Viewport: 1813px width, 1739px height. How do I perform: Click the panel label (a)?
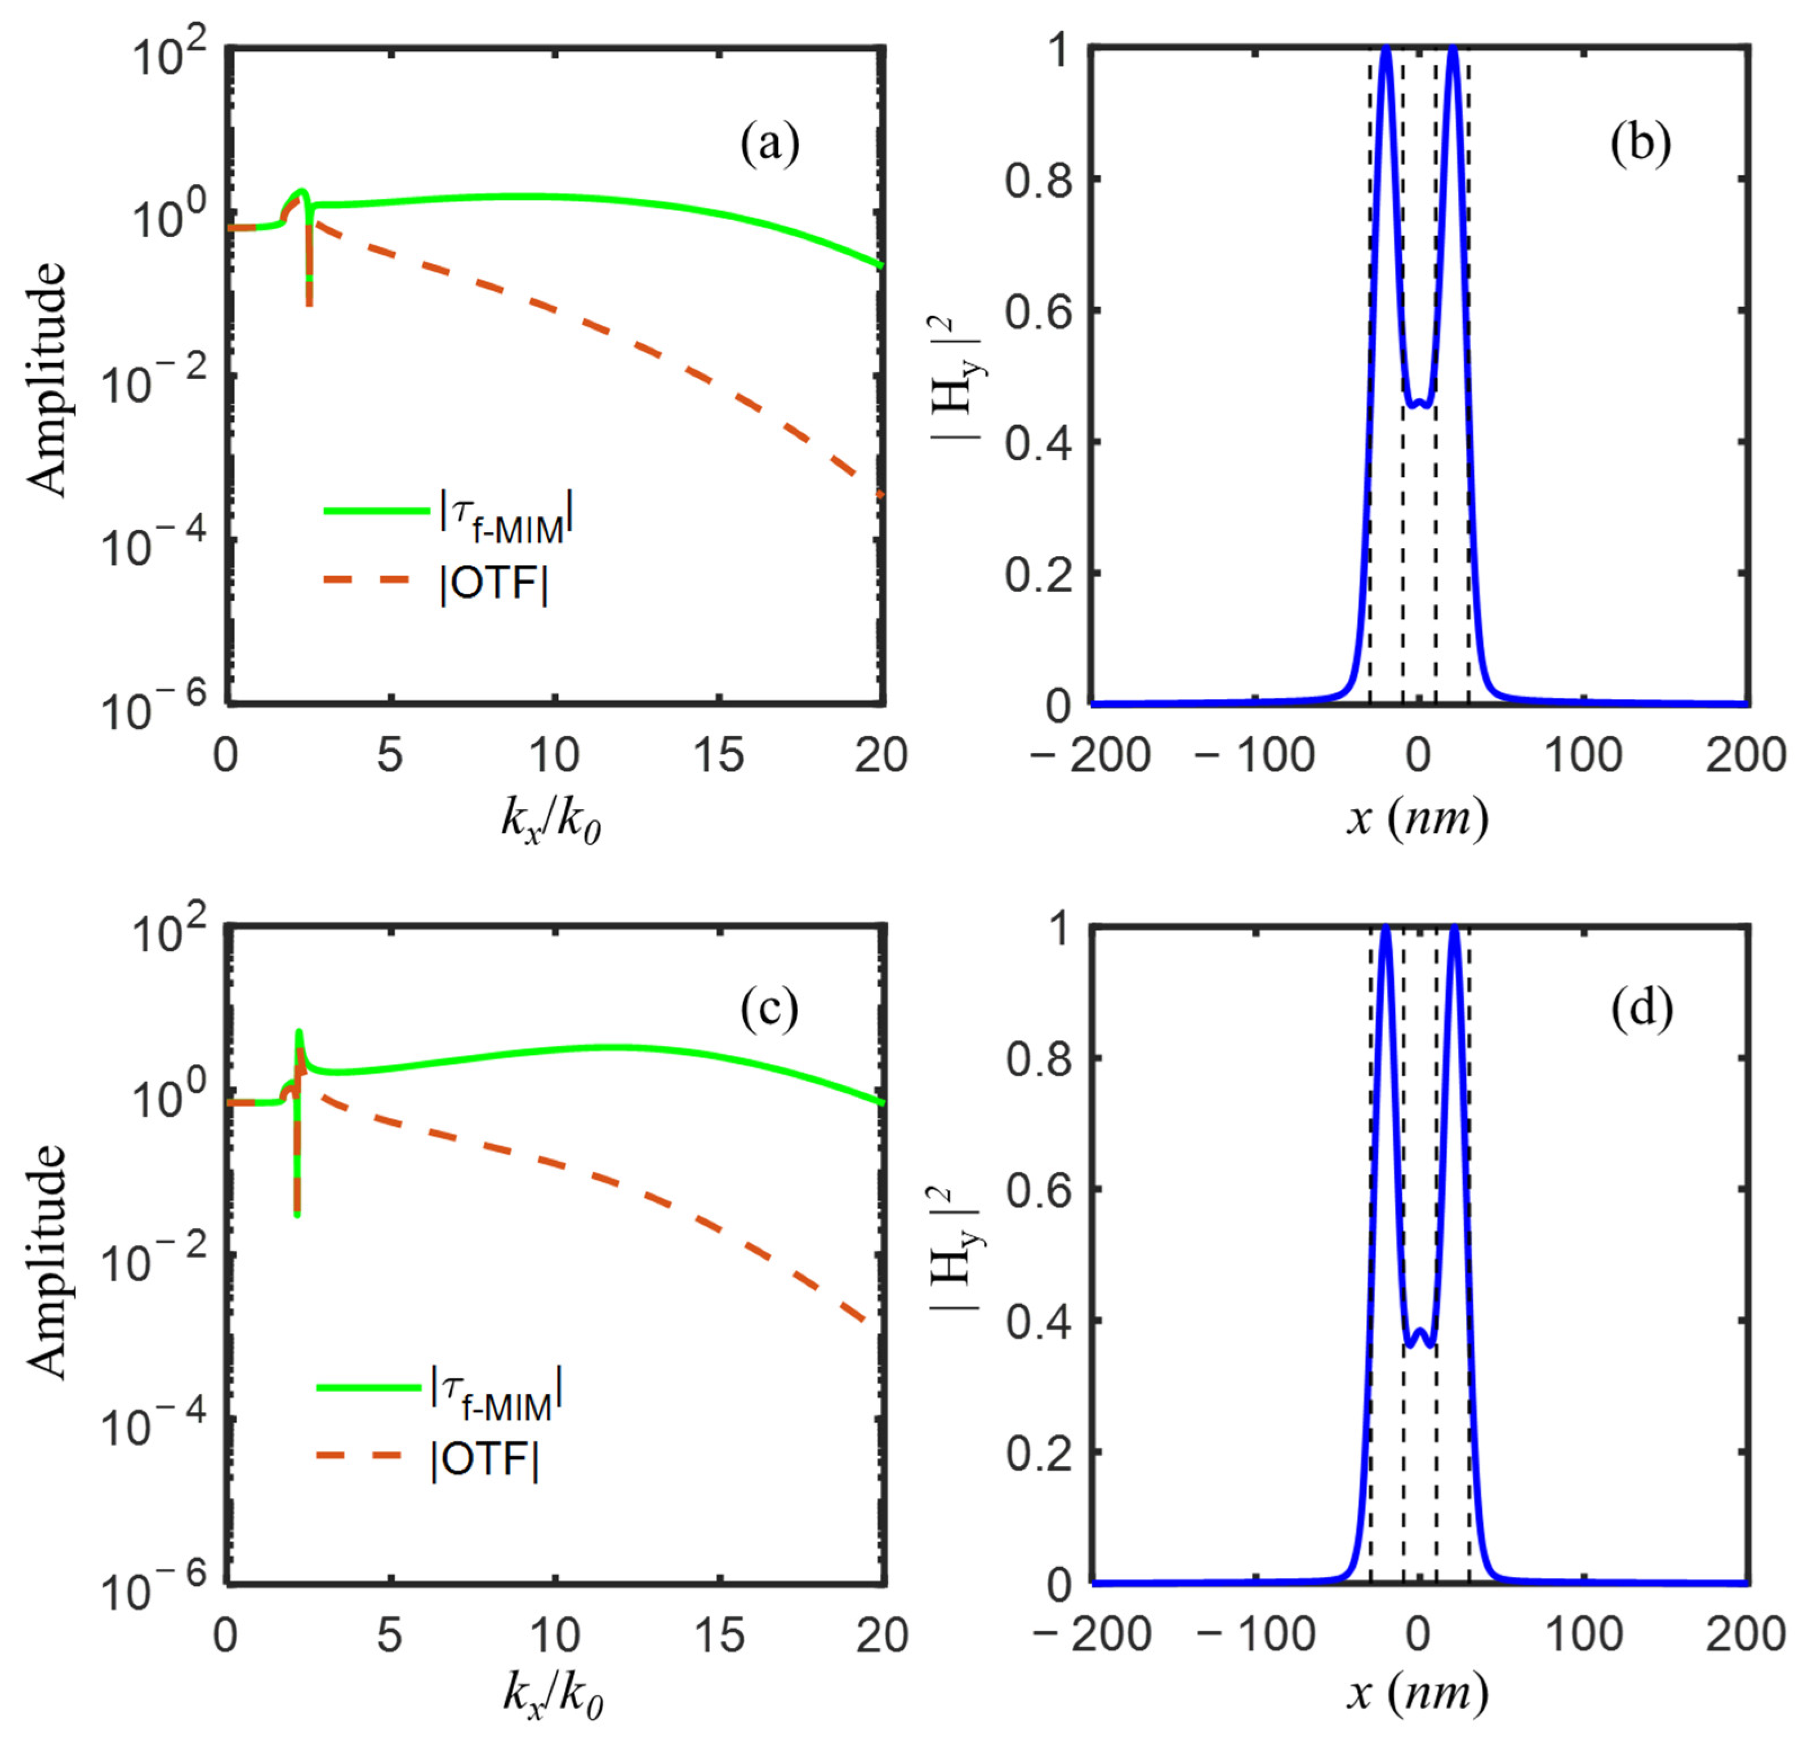click(769, 145)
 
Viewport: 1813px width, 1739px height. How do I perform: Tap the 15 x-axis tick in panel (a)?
click(719, 757)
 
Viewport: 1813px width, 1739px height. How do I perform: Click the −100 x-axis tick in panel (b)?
click(1255, 757)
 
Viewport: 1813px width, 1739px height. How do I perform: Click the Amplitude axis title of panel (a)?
click(46, 379)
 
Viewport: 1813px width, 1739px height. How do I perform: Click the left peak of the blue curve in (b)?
click(1386, 50)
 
